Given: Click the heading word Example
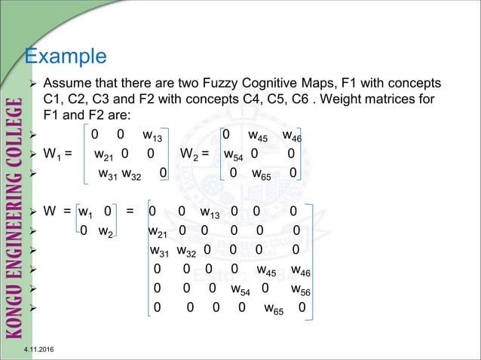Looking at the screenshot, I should coord(66,56).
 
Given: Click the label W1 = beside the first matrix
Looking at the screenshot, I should coord(58,157).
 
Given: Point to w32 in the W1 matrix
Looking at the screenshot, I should coord(134,176).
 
